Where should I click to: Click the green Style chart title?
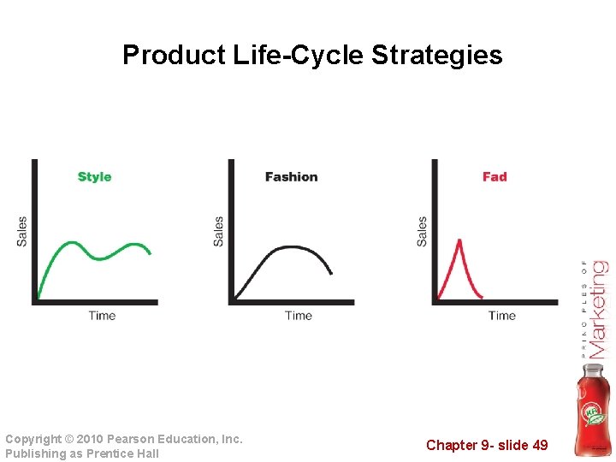[x=94, y=177]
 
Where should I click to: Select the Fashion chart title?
[x=291, y=177]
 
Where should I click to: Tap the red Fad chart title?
[x=495, y=177]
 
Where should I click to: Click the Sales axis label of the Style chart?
[x=22, y=231]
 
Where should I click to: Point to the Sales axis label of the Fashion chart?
[x=219, y=231]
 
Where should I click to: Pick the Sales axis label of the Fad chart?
[x=422, y=231]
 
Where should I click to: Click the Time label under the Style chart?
[x=102, y=316]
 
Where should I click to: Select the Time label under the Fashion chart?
[x=299, y=316]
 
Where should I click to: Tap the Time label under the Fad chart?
[x=502, y=316]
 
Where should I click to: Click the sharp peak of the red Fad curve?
[x=459, y=240]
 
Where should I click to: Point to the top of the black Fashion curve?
[x=288, y=247]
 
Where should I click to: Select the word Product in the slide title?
[x=174, y=56]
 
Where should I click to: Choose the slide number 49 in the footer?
[x=539, y=445]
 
